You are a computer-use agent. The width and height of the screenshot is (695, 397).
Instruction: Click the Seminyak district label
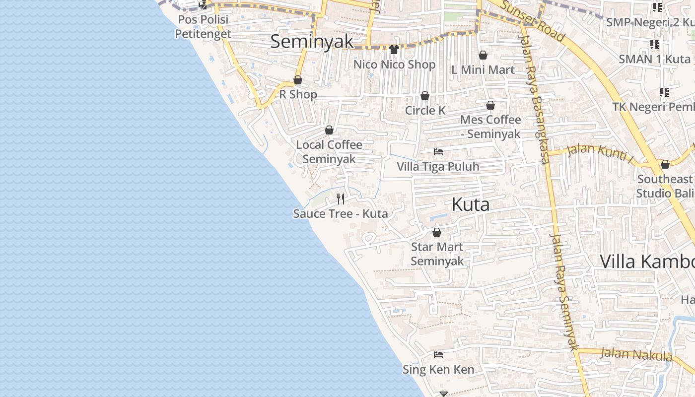tap(312, 42)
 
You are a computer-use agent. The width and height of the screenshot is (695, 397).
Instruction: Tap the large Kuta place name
tap(470, 204)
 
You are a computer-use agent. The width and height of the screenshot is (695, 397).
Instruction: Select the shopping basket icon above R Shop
tap(298, 80)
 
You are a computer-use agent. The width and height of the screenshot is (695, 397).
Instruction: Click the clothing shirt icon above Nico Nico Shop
tap(394, 50)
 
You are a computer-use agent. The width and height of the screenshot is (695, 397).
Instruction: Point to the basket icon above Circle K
tap(425, 96)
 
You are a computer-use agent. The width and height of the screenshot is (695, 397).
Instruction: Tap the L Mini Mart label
tap(483, 70)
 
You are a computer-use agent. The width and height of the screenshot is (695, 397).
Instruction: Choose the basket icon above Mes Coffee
tap(490, 105)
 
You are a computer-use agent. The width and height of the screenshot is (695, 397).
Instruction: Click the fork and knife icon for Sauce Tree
tap(341, 199)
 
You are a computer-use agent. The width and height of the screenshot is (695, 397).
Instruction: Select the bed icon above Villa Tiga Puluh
tap(438, 152)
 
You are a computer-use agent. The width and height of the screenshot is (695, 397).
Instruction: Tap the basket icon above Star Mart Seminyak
tap(437, 232)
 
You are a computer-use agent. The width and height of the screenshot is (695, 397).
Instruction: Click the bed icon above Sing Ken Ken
tap(438, 355)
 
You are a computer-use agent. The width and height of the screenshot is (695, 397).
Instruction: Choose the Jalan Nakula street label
tap(636, 354)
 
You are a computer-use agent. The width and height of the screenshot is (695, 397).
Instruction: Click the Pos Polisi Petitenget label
tap(203, 27)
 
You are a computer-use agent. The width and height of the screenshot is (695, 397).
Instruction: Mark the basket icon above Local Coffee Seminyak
tap(329, 131)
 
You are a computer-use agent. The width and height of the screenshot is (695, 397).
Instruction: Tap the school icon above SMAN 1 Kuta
tap(655, 45)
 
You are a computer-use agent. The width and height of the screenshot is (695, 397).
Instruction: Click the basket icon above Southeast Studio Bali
tap(665, 164)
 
